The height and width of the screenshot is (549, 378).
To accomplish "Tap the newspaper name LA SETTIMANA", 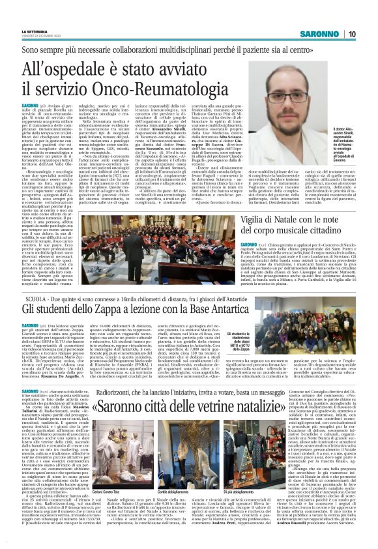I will pyautogui.click(x=33, y=31).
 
